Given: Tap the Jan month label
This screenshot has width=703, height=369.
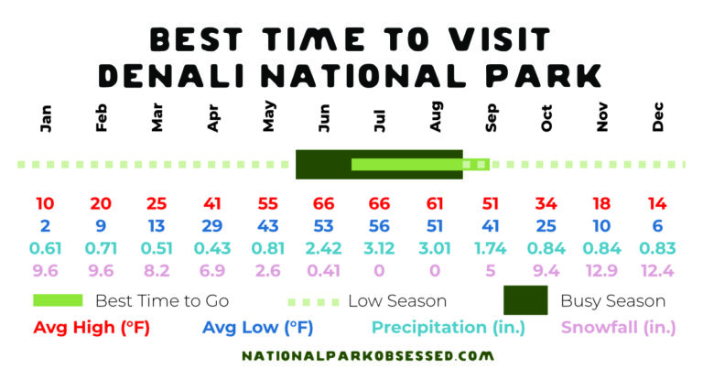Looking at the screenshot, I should tap(46, 119).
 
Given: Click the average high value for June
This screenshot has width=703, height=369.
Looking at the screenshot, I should tap(324, 204).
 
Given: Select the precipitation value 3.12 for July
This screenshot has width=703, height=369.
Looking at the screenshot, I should tap(380, 248).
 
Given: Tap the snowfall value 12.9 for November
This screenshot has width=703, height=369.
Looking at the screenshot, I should tap(603, 270).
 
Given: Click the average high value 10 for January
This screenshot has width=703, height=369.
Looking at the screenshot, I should tap(46, 204).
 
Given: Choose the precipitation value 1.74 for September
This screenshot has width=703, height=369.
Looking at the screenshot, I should tap(492, 248).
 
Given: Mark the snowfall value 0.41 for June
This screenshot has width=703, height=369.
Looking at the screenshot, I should tap(324, 270).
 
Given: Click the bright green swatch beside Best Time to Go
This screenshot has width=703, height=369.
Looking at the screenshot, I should tap(58, 300).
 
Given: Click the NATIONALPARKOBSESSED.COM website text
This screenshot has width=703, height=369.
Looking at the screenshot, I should tap(351, 354).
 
